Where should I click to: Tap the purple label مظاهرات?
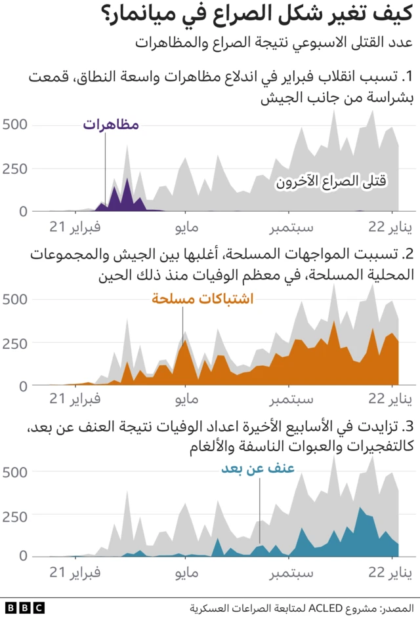coord(111,125)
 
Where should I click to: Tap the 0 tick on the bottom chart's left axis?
coord(22,556)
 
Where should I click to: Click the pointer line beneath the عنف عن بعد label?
coord(259,505)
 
